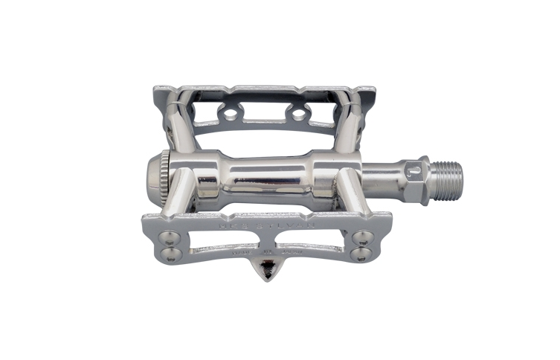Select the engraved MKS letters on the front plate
point(236,221)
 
